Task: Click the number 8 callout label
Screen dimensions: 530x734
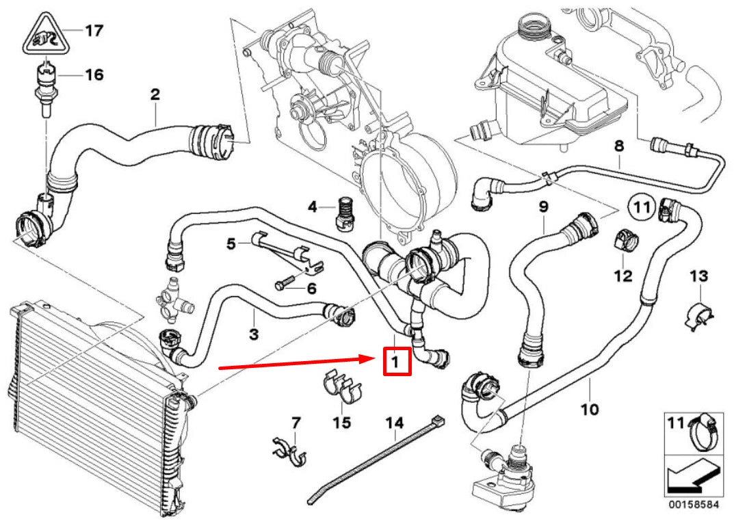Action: [620, 145]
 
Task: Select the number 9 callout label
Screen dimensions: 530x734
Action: [544, 205]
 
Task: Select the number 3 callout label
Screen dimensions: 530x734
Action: [254, 334]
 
